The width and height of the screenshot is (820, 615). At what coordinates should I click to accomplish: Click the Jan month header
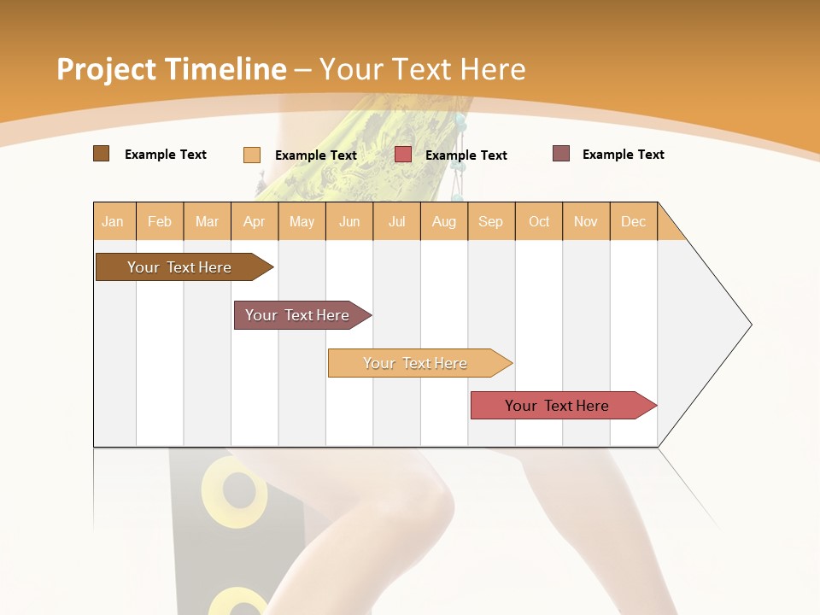(114, 221)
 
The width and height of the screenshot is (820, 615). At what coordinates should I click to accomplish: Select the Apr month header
(255, 221)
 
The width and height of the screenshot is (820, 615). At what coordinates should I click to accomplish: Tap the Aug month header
(444, 221)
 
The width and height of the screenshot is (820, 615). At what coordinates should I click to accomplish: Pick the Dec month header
(633, 221)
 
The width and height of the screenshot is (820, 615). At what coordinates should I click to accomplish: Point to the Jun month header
(349, 221)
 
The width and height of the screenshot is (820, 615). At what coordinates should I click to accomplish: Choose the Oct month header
(539, 221)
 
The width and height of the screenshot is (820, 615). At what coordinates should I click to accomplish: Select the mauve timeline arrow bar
(299, 315)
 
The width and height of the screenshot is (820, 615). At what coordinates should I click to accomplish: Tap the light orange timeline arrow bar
(417, 363)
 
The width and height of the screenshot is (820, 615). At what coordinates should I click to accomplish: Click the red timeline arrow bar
(559, 406)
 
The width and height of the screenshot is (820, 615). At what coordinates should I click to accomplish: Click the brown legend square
(101, 154)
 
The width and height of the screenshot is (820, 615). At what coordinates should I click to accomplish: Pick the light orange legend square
(251, 155)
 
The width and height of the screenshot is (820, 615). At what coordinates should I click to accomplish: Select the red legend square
(403, 155)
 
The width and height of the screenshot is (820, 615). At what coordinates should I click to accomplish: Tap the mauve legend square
(560, 154)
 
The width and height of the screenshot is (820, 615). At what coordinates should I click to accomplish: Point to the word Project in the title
(106, 69)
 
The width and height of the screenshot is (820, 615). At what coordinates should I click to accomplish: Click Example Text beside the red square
(466, 155)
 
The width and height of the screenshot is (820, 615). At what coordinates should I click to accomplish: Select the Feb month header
(160, 221)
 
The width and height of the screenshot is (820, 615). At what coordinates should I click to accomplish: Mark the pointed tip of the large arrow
(750, 325)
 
